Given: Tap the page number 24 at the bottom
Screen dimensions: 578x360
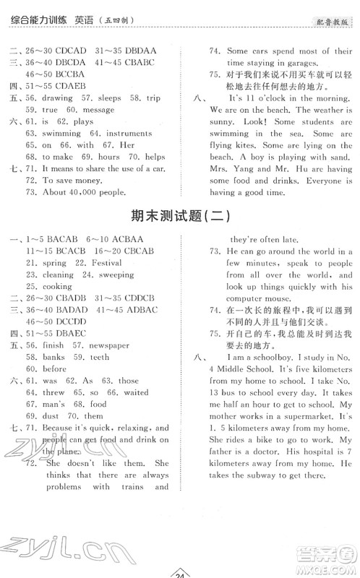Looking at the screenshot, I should [180, 573].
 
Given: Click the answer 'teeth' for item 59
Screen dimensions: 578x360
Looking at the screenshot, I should [100, 357].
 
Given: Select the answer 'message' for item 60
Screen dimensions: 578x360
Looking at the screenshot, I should [100, 110].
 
